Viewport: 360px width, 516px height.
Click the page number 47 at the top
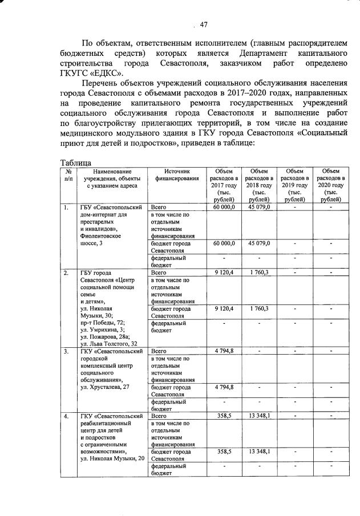coord(203,24)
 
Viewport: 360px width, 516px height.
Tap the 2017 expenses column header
coord(224,185)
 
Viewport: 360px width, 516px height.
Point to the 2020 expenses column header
coord(331,185)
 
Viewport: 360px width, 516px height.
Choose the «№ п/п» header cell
coord(68,174)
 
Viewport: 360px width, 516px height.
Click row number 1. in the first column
coord(67,207)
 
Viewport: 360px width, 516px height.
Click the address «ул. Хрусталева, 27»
coord(105,387)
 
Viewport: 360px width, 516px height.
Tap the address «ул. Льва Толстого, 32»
coord(109,343)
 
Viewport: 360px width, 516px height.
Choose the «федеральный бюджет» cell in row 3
coord(168,405)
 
